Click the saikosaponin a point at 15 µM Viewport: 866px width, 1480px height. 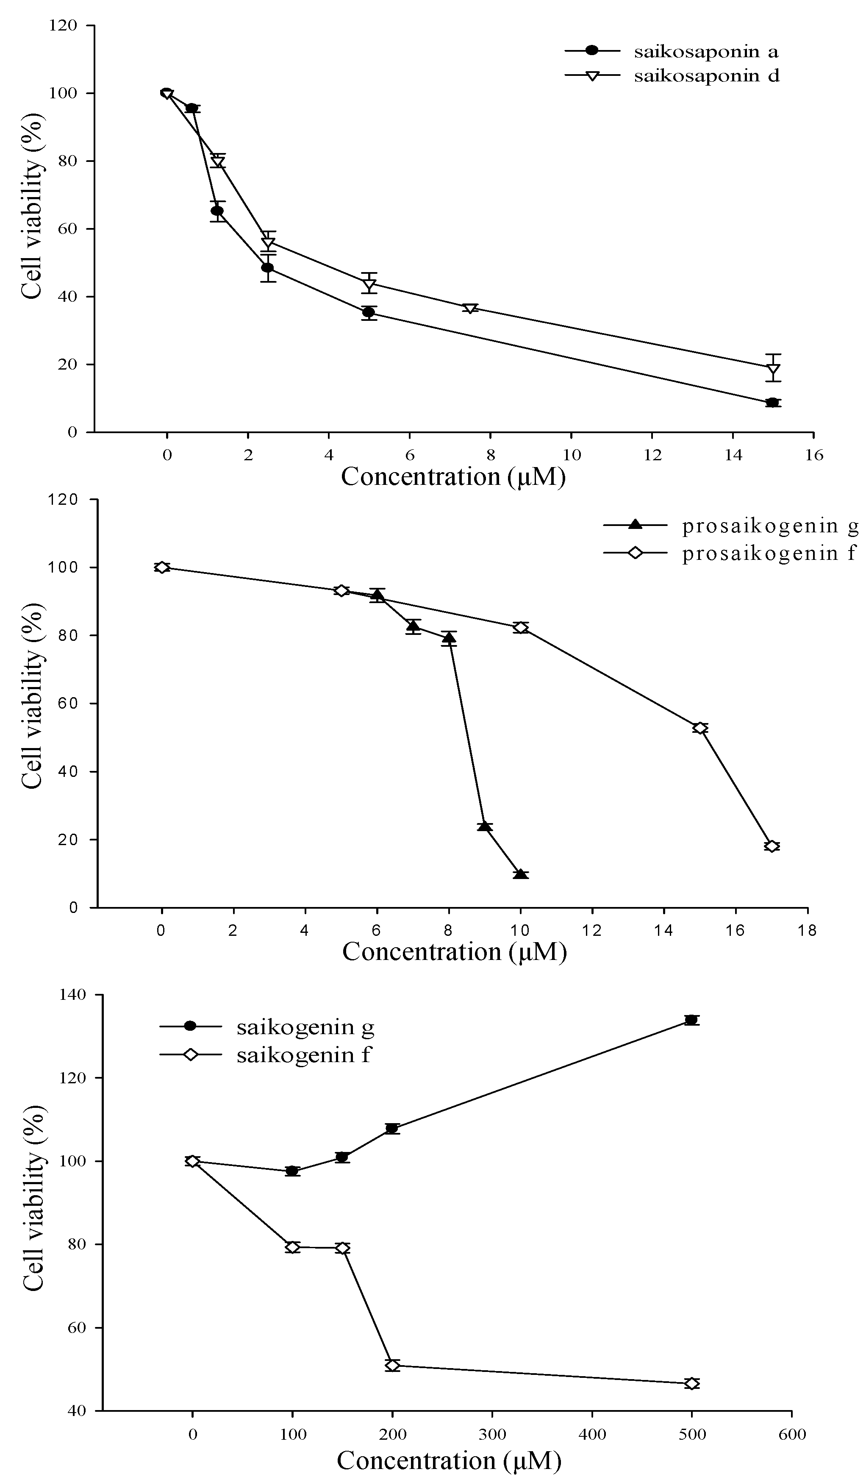click(773, 402)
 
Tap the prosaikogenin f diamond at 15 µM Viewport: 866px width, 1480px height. click(699, 728)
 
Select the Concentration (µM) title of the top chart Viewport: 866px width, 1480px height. click(453, 477)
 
